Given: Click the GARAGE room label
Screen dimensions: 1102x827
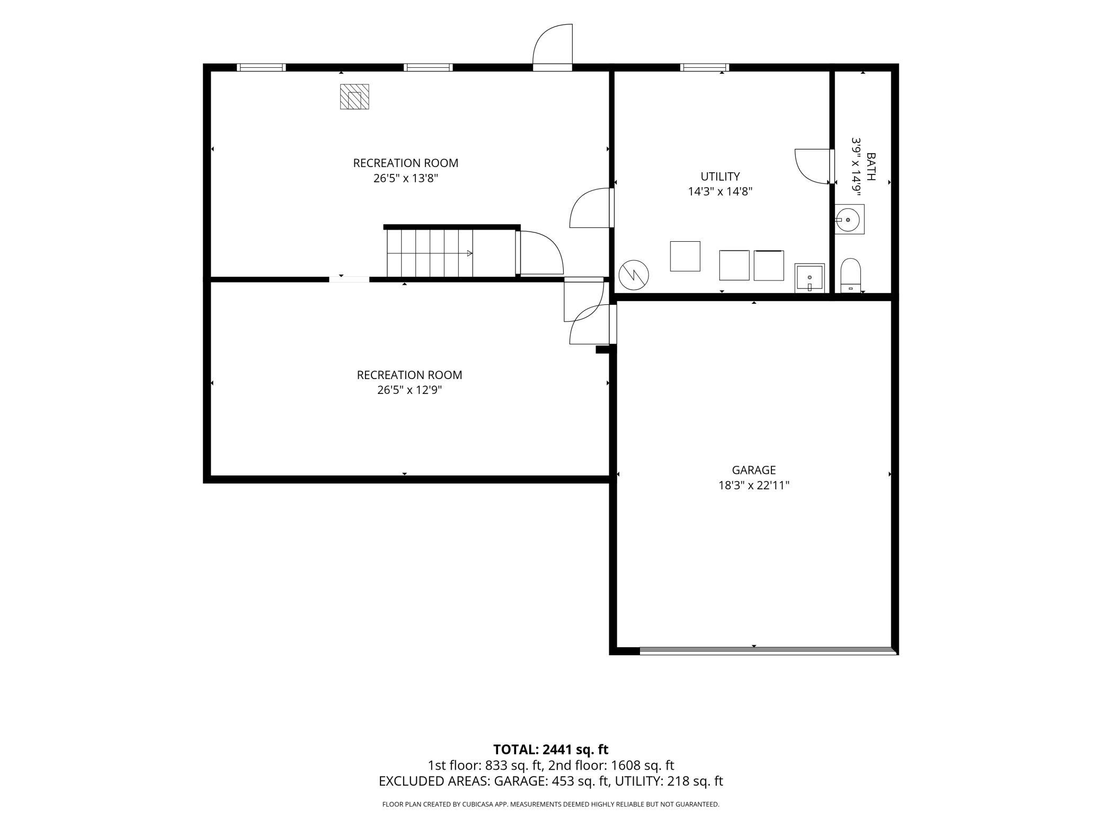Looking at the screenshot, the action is click(753, 470).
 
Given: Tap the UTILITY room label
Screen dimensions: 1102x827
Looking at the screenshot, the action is click(720, 177).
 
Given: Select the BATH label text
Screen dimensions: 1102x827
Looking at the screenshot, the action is click(871, 166).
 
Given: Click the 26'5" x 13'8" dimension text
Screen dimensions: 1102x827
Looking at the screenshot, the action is click(406, 178).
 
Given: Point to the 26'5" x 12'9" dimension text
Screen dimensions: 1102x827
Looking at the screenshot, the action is click(410, 390).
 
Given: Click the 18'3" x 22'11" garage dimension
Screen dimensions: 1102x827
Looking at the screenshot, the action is click(754, 485).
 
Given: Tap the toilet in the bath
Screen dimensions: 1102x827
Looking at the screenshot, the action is click(850, 276).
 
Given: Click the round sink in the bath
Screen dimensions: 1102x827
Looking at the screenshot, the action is click(849, 219).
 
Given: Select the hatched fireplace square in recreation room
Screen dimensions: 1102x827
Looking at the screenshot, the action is click(354, 96).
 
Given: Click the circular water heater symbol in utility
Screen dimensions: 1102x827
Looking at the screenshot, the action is click(634, 275).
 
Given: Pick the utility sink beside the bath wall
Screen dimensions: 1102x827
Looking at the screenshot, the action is click(810, 278).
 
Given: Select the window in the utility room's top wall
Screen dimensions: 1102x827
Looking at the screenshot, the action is click(705, 67).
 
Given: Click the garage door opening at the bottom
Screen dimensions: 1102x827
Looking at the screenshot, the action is click(768, 650).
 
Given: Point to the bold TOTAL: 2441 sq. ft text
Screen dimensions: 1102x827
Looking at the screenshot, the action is click(550, 750).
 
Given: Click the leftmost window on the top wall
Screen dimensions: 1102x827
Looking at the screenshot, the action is click(261, 67).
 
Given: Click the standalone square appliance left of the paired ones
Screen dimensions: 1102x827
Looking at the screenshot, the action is click(685, 256).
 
